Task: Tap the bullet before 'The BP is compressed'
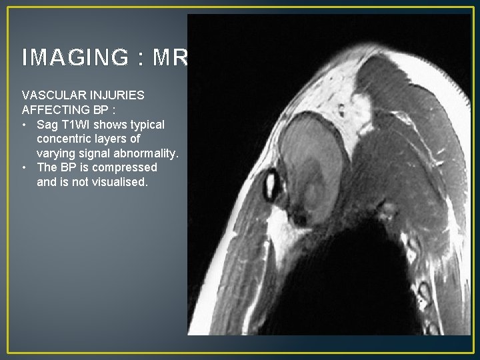pyautogui.click(x=25, y=168)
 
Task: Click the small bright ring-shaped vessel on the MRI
pyautogui.click(x=272, y=185)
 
